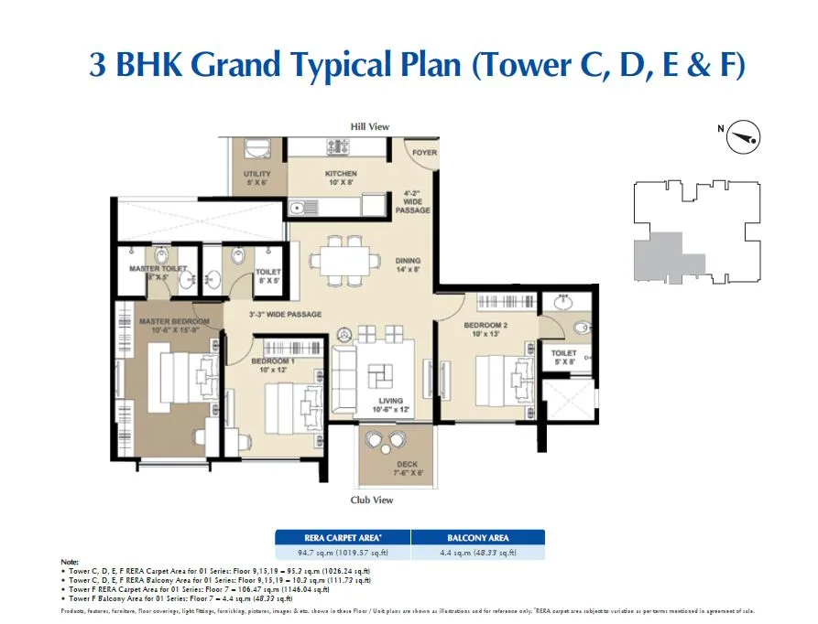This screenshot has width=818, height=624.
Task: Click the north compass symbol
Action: (743, 138)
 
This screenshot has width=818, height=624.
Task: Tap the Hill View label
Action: (370, 126)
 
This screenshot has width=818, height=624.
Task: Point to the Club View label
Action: (372, 500)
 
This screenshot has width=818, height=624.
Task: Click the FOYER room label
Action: (424, 153)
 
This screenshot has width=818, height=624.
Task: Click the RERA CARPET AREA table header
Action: (342, 537)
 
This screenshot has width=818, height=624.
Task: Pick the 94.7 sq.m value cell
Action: (342, 552)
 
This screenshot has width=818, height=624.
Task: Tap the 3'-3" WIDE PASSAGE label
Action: (285, 315)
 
